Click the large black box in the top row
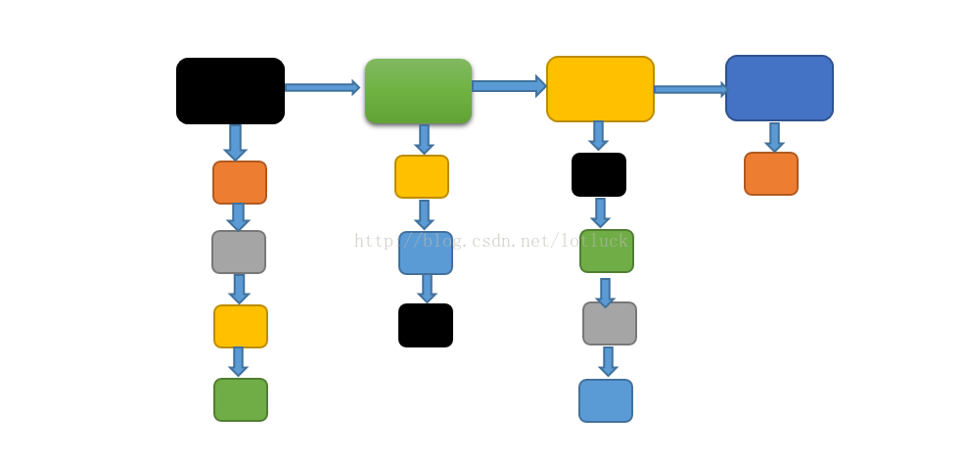(230, 91)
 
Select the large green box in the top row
(418, 91)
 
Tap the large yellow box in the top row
(600, 89)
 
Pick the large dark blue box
(779, 88)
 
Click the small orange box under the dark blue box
(771, 173)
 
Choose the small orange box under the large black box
(240, 182)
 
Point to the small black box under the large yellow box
(599, 174)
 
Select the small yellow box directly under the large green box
(422, 176)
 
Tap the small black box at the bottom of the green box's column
(426, 325)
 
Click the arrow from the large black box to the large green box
(322, 87)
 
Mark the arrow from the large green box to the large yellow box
(508, 86)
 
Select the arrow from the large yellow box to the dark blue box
(690, 89)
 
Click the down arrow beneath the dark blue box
(774, 137)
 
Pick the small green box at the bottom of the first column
(241, 399)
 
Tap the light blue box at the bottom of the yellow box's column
(606, 400)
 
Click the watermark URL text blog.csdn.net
(490, 241)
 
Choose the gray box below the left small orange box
(239, 252)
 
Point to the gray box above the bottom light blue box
(610, 323)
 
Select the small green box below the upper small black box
(607, 251)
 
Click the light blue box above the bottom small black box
(426, 253)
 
